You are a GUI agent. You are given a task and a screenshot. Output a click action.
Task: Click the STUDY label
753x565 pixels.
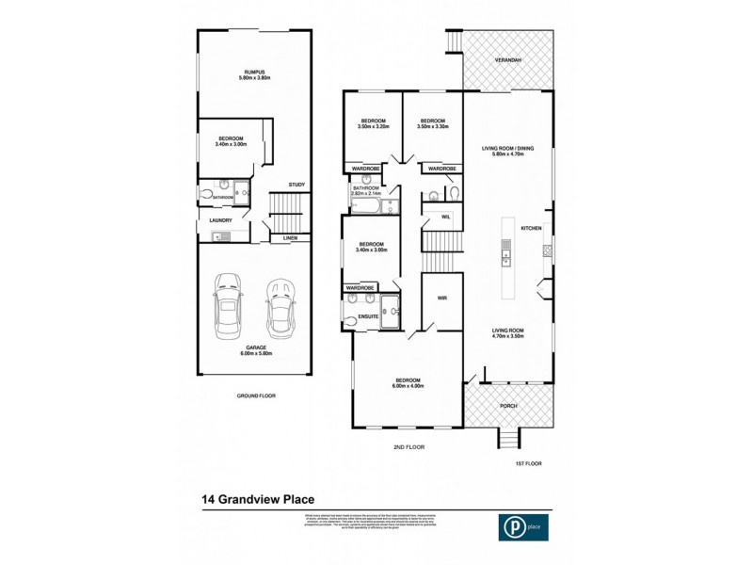point(296,184)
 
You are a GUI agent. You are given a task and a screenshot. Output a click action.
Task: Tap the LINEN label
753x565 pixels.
point(291,238)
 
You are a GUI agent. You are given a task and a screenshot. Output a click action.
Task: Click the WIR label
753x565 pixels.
point(441,299)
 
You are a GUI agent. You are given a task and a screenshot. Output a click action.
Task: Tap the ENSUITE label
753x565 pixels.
point(369,316)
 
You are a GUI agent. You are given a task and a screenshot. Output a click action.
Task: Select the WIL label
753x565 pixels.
point(434,217)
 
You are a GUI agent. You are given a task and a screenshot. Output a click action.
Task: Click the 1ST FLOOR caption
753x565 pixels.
point(528,463)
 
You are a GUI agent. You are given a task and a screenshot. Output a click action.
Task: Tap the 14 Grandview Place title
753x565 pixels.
point(257,500)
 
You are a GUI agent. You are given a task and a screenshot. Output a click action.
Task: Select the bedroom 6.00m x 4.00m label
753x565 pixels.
point(409,382)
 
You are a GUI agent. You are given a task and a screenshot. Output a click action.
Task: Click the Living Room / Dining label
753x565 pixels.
point(508,151)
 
